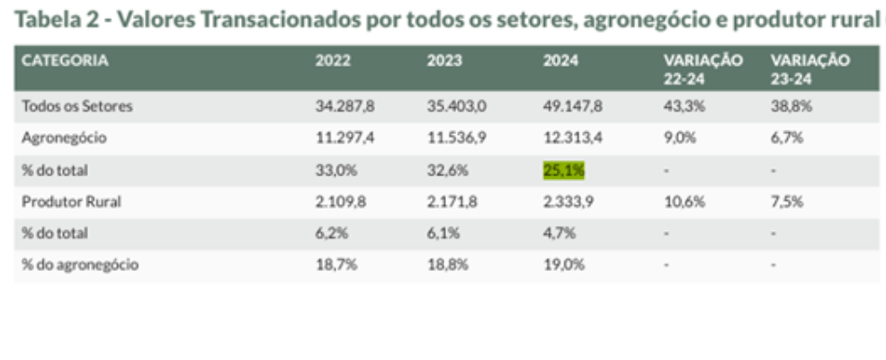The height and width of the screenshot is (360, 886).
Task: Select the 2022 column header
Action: pos(333,61)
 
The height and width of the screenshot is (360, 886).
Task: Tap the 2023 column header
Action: pos(444,61)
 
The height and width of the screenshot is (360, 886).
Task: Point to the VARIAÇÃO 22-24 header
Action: pos(703,68)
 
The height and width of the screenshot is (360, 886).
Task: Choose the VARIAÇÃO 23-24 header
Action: pos(810,68)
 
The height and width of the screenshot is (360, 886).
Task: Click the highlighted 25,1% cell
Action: pos(564,170)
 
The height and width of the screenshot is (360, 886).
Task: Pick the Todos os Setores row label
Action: pos(77,106)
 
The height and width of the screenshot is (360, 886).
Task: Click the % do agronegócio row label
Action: pos(81,265)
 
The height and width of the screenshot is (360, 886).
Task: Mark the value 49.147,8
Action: pos(572,106)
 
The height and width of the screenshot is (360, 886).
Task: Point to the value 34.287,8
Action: pos(345,106)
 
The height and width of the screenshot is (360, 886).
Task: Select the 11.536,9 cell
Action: pos(456,138)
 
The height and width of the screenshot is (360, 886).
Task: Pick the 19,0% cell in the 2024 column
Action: pos(564,265)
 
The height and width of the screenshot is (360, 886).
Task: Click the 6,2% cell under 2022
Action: pos(330,233)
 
